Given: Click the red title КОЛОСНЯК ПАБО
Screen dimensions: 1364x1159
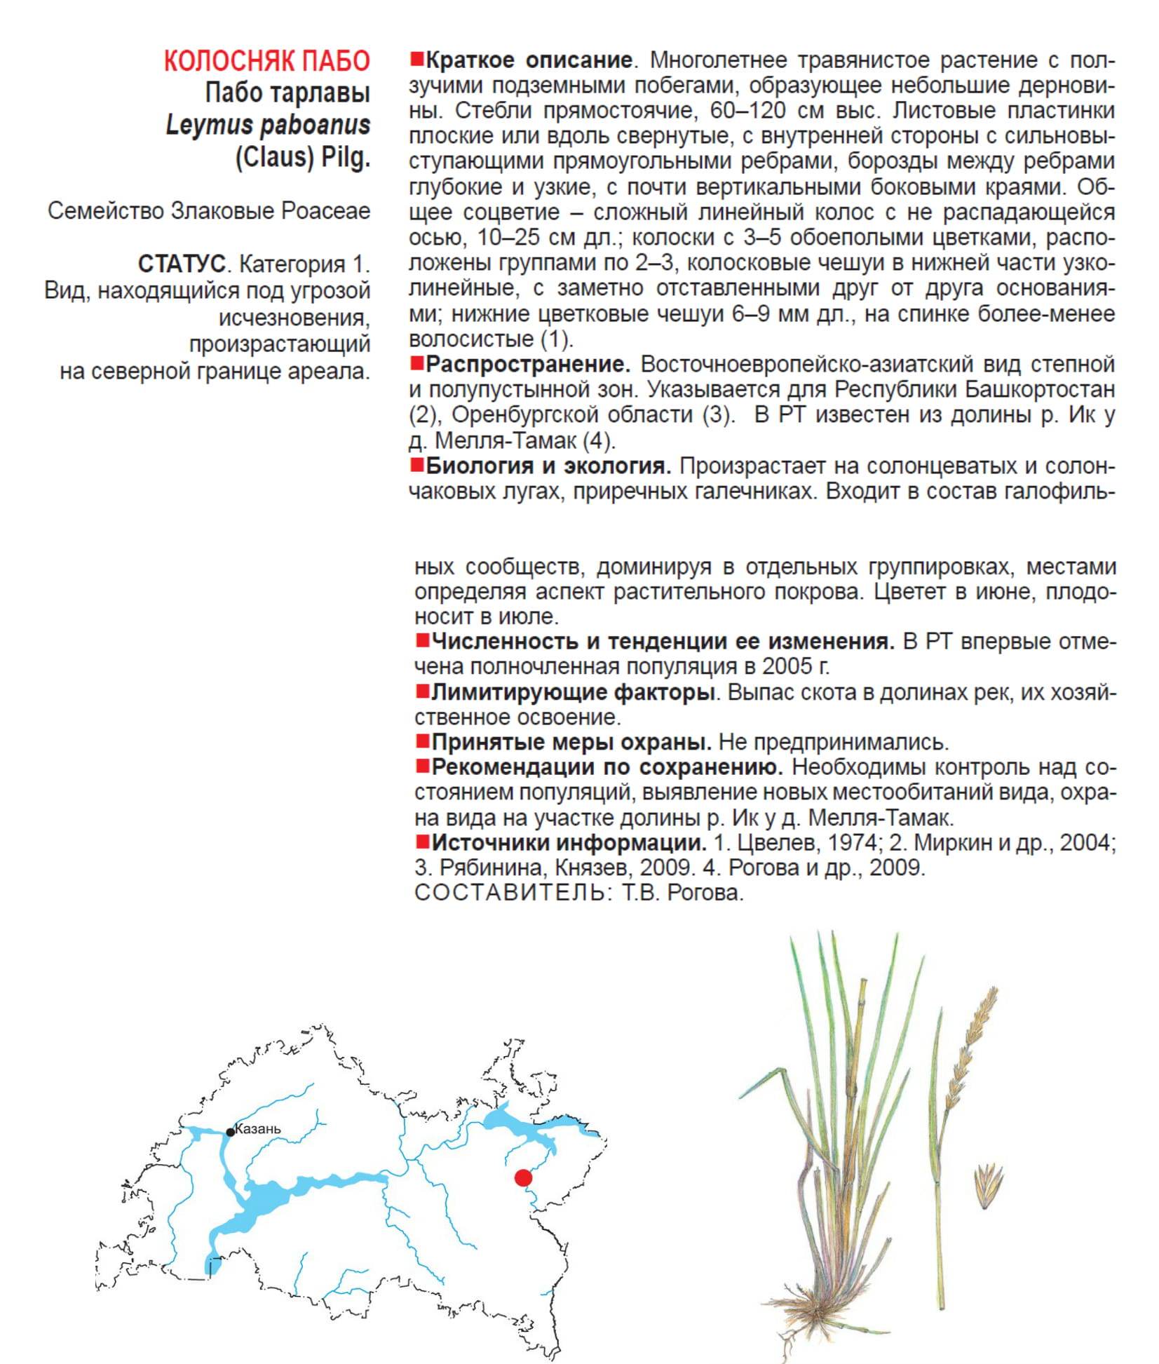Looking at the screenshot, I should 266,61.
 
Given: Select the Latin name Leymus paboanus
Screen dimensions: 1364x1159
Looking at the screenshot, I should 267,125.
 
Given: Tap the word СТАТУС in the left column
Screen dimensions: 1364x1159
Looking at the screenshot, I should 182,264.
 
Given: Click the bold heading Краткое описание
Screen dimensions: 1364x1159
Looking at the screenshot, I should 529,60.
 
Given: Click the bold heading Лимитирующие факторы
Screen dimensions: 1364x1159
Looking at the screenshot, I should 572,692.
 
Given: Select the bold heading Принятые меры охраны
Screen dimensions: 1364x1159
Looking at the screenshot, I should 571,741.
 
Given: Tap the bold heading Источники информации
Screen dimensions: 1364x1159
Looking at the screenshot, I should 568,842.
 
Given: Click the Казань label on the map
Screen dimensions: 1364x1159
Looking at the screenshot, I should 258,1128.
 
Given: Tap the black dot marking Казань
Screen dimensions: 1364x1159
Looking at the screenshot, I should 230,1133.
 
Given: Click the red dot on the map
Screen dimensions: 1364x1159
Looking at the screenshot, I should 523,1177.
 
